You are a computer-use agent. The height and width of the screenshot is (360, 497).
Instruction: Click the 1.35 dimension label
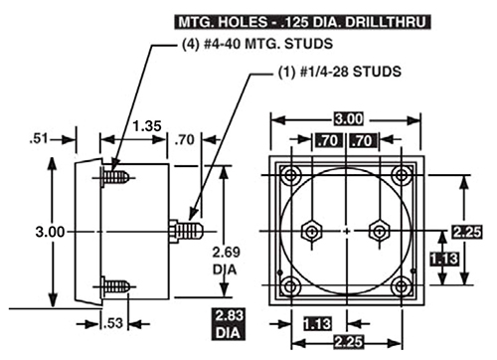click(x=147, y=126)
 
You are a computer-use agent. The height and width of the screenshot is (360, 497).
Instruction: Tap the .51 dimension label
click(x=39, y=138)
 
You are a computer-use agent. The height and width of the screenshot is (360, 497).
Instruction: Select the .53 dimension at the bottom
click(x=113, y=323)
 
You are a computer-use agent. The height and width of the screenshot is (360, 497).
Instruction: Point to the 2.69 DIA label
click(x=226, y=261)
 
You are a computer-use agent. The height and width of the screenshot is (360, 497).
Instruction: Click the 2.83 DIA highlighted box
click(x=228, y=324)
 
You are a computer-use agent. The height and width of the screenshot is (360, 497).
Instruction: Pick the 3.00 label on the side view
click(x=50, y=232)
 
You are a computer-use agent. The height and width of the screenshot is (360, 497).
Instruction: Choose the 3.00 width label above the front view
click(x=348, y=119)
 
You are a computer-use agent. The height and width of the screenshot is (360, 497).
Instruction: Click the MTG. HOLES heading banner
click(x=302, y=22)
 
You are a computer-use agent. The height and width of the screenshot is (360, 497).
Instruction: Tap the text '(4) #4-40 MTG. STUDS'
click(x=257, y=44)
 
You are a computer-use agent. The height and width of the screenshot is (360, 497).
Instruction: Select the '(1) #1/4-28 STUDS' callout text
click(x=339, y=72)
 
